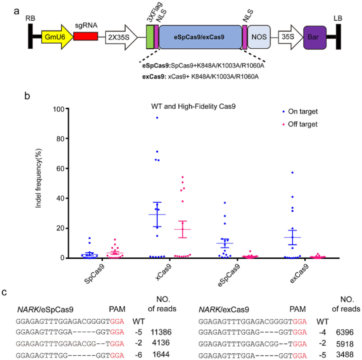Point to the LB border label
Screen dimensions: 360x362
[x=337, y=18]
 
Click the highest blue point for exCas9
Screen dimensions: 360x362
[x=292, y=172]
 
